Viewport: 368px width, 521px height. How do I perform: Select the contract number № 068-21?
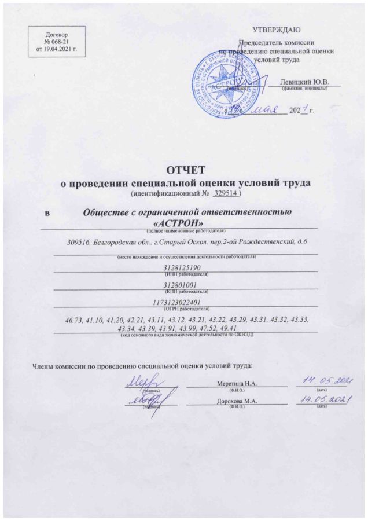pos(56,42)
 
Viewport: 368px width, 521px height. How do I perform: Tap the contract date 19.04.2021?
pos(61,50)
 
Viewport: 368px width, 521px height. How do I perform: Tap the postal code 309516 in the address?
pos(78,242)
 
